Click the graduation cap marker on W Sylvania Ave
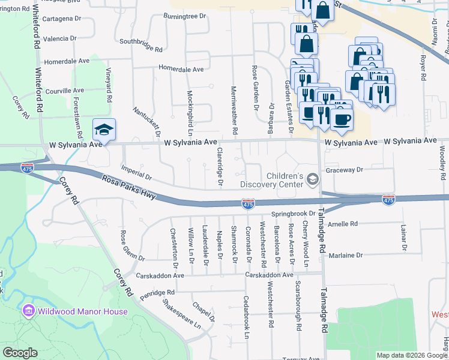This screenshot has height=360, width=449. pos(104,130)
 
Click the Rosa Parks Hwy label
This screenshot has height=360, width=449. pos(129,187)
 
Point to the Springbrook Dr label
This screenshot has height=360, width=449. pos(293,214)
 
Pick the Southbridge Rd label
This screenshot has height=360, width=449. pos(141,45)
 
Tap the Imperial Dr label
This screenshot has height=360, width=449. pos(136,173)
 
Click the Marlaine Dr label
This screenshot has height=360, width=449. pos(346,255)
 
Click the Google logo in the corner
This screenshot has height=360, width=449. pos(20,353)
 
